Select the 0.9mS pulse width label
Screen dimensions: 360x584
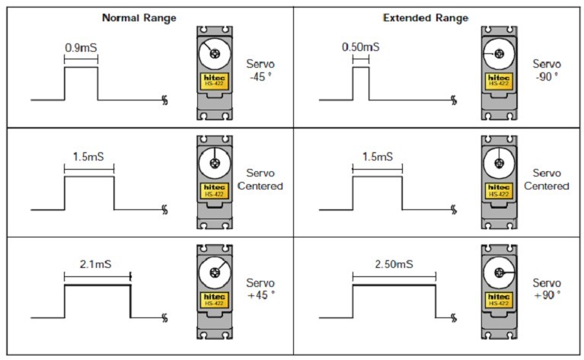point(81,46)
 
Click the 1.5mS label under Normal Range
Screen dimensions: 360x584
point(88,156)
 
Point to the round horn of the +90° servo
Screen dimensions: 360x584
point(498,271)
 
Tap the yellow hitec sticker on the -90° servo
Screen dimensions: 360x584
point(498,80)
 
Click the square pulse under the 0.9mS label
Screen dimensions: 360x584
point(81,84)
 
